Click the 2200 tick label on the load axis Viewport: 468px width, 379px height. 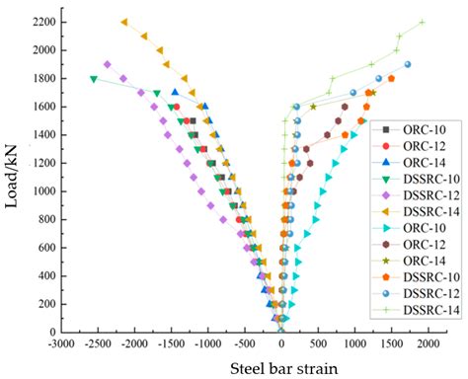(40, 22)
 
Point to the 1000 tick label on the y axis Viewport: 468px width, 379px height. (40, 191)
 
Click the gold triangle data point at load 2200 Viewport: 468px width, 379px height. (124, 22)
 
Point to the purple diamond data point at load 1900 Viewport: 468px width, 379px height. (108, 64)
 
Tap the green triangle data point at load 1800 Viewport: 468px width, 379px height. (94, 79)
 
